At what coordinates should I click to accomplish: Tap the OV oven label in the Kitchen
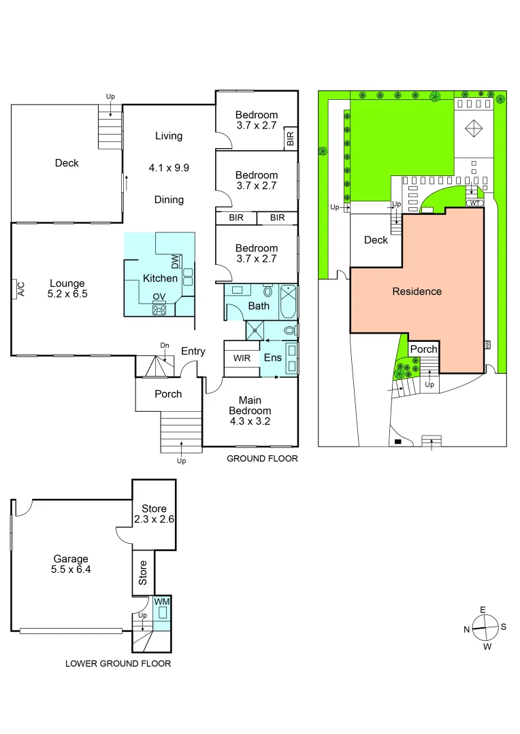(x=159, y=296)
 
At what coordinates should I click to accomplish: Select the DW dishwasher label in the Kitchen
(x=175, y=262)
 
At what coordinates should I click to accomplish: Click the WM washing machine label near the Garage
(x=161, y=601)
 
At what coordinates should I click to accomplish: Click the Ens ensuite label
(x=272, y=357)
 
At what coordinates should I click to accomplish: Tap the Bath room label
(x=259, y=306)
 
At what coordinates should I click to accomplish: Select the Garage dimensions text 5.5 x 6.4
(x=71, y=570)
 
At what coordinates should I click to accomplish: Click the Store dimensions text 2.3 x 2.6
(x=154, y=520)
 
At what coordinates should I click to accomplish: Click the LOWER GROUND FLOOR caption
(x=118, y=663)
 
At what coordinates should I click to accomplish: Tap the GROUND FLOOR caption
(x=262, y=459)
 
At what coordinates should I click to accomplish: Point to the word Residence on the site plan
(x=417, y=292)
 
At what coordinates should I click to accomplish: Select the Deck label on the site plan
(x=376, y=240)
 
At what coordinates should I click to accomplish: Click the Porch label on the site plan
(x=424, y=349)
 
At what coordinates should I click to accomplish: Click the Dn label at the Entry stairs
(x=164, y=345)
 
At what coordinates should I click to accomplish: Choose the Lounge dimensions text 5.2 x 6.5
(x=67, y=294)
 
